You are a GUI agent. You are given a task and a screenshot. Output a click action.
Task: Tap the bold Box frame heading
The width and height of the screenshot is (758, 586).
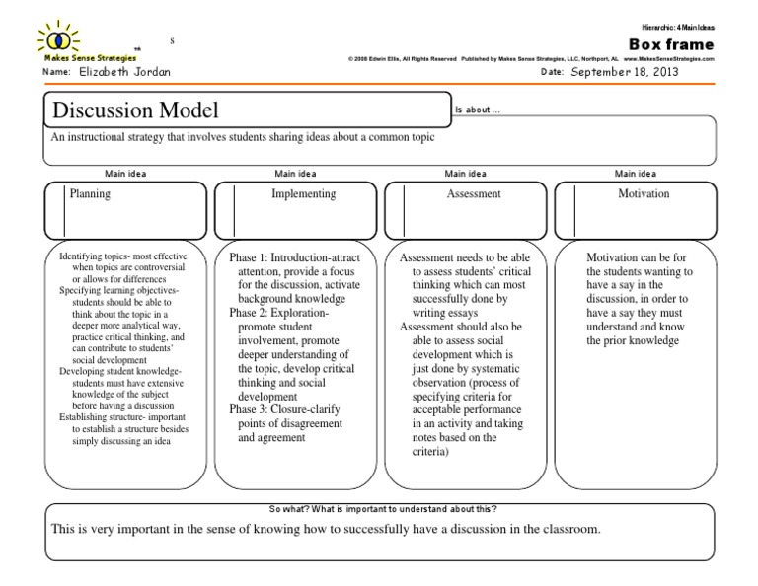pyautogui.click(x=671, y=44)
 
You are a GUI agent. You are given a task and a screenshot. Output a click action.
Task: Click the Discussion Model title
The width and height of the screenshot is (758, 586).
pyautogui.click(x=135, y=110)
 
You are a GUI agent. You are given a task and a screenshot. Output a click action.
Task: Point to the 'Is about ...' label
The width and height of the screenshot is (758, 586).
pyautogui.click(x=477, y=110)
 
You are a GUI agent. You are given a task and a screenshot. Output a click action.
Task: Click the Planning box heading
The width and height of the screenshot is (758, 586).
pyautogui.click(x=90, y=194)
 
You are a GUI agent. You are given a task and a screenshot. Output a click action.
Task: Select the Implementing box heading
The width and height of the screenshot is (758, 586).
pyautogui.click(x=303, y=194)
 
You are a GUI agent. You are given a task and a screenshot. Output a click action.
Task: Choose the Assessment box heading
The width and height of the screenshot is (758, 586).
pyautogui.click(x=474, y=194)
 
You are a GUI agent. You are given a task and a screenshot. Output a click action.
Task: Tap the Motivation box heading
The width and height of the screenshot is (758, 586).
pyautogui.click(x=644, y=194)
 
